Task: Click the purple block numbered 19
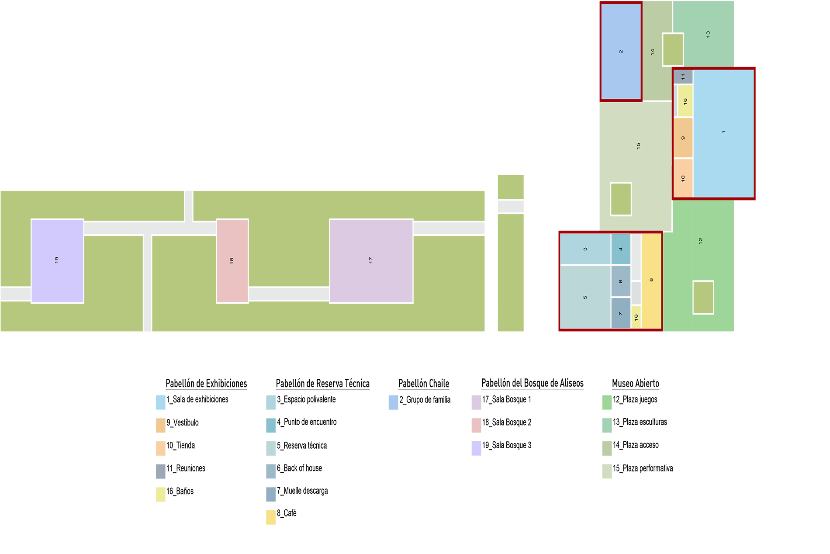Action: click(x=57, y=260)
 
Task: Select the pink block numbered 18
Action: click(x=232, y=260)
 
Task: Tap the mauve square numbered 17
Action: click(x=371, y=260)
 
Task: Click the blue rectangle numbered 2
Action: click(x=621, y=52)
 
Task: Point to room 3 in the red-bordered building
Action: click(x=585, y=249)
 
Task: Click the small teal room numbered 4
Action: click(x=620, y=249)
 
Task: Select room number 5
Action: click(x=585, y=297)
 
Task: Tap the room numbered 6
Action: click(x=620, y=281)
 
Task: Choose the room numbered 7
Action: click(x=620, y=313)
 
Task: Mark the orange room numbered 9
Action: click(x=683, y=138)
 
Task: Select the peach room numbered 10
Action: click(x=683, y=178)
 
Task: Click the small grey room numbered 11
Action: click(x=683, y=77)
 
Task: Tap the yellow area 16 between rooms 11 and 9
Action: click(x=685, y=101)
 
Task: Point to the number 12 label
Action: click(x=701, y=241)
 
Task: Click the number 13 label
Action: click(x=708, y=34)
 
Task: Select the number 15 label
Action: click(x=638, y=145)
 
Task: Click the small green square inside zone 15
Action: click(x=621, y=199)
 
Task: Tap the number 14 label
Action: click(x=653, y=52)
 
